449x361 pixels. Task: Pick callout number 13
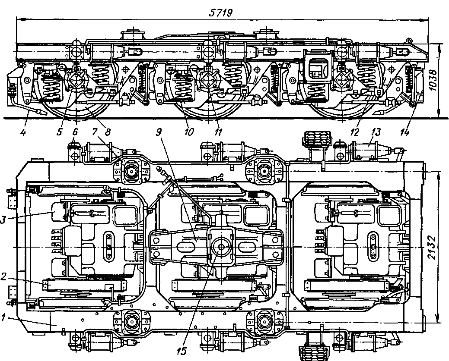372,131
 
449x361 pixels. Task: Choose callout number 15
182,351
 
